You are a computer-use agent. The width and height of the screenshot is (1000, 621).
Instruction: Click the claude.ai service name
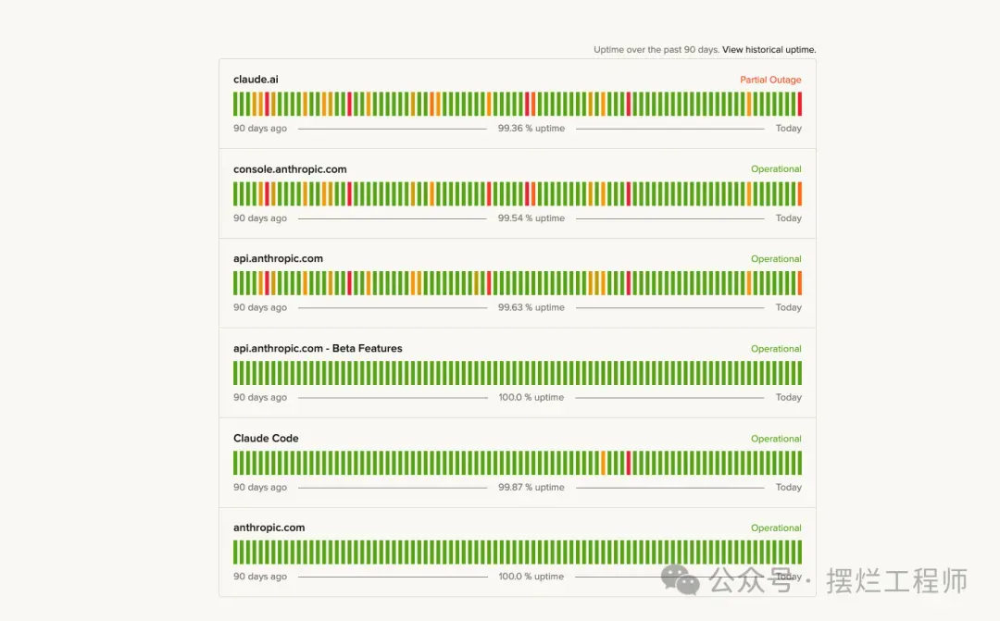click(x=256, y=80)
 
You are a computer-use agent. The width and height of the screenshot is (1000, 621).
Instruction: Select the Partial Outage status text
click(x=770, y=81)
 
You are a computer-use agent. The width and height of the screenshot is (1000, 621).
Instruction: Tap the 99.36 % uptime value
click(x=531, y=129)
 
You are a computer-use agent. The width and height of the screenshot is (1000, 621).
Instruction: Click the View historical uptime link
click(x=769, y=50)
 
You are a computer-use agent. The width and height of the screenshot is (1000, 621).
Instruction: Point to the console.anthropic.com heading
click(x=290, y=169)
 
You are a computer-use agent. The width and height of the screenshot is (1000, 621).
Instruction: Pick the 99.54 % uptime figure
click(x=531, y=218)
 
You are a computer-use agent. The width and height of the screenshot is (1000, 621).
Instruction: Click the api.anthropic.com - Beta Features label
click(x=318, y=349)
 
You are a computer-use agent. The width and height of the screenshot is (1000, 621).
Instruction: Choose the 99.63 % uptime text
click(x=531, y=307)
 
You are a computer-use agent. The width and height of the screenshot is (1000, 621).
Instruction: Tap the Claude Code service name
click(x=266, y=439)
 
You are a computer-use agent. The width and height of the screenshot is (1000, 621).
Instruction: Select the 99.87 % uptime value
click(x=531, y=488)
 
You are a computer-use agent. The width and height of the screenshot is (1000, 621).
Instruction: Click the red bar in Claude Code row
click(x=629, y=463)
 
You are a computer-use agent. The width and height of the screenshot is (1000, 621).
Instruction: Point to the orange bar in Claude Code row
click(x=604, y=463)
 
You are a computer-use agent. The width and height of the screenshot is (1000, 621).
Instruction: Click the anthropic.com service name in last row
click(x=269, y=528)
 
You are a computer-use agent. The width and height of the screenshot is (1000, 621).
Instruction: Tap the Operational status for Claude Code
click(x=776, y=439)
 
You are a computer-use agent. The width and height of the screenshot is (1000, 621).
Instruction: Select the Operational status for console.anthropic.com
click(x=776, y=169)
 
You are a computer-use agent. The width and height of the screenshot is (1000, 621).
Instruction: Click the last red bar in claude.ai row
click(x=799, y=104)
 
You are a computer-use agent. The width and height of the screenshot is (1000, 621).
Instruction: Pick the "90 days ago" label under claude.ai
click(x=260, y=129)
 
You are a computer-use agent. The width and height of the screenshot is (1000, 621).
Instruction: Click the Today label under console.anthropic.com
click(x=789, y=218)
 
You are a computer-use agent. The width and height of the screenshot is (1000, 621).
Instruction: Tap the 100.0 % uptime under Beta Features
click(x=531, y=398)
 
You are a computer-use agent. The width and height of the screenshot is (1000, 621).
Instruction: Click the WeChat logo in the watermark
click(x=681, y=580)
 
